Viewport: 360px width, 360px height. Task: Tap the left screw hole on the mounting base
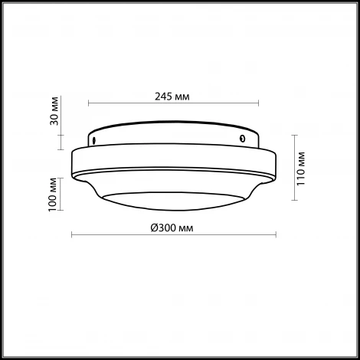[x=93, y=141]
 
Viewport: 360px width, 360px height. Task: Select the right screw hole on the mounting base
[x=242, y=139]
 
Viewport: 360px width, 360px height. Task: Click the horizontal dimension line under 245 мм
[x=172, y=104]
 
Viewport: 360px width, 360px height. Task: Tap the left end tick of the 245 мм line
[x=89, y=104]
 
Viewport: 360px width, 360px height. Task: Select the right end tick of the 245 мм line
[x=257, y=104]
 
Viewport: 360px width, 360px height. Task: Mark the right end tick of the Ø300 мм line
[x=273, y=236]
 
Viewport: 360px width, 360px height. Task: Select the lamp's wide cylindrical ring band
[x=172, y=162]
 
